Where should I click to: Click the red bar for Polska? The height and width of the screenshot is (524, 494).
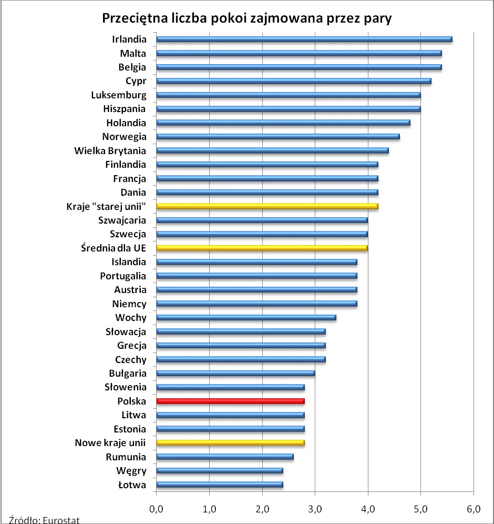point(230,401)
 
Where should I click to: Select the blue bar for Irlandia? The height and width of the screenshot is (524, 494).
point(304,39)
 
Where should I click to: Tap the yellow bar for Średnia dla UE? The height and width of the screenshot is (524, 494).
point(262,248)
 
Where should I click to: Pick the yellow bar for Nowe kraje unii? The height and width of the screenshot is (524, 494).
point(230,443)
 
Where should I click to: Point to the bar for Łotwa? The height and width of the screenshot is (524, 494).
point(220,485)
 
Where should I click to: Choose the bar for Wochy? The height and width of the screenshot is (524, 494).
point(246,317)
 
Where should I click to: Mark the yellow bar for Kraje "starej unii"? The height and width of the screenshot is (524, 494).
point(267,206)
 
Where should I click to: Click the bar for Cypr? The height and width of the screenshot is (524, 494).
point(293,81)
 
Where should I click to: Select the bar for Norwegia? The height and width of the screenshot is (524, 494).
point(277,137)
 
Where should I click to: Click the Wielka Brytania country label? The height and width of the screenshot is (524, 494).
point(110,150)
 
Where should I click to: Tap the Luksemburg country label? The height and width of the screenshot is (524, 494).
point(119,95)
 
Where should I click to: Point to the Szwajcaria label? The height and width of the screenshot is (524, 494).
point(122,220)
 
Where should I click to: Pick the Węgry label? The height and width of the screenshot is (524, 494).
point(132,471)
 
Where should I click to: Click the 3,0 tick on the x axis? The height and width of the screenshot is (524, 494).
point(315,509)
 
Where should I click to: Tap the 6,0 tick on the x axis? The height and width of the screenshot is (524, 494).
point(474,509)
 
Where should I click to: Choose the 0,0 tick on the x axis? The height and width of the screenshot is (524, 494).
point(157,509)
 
